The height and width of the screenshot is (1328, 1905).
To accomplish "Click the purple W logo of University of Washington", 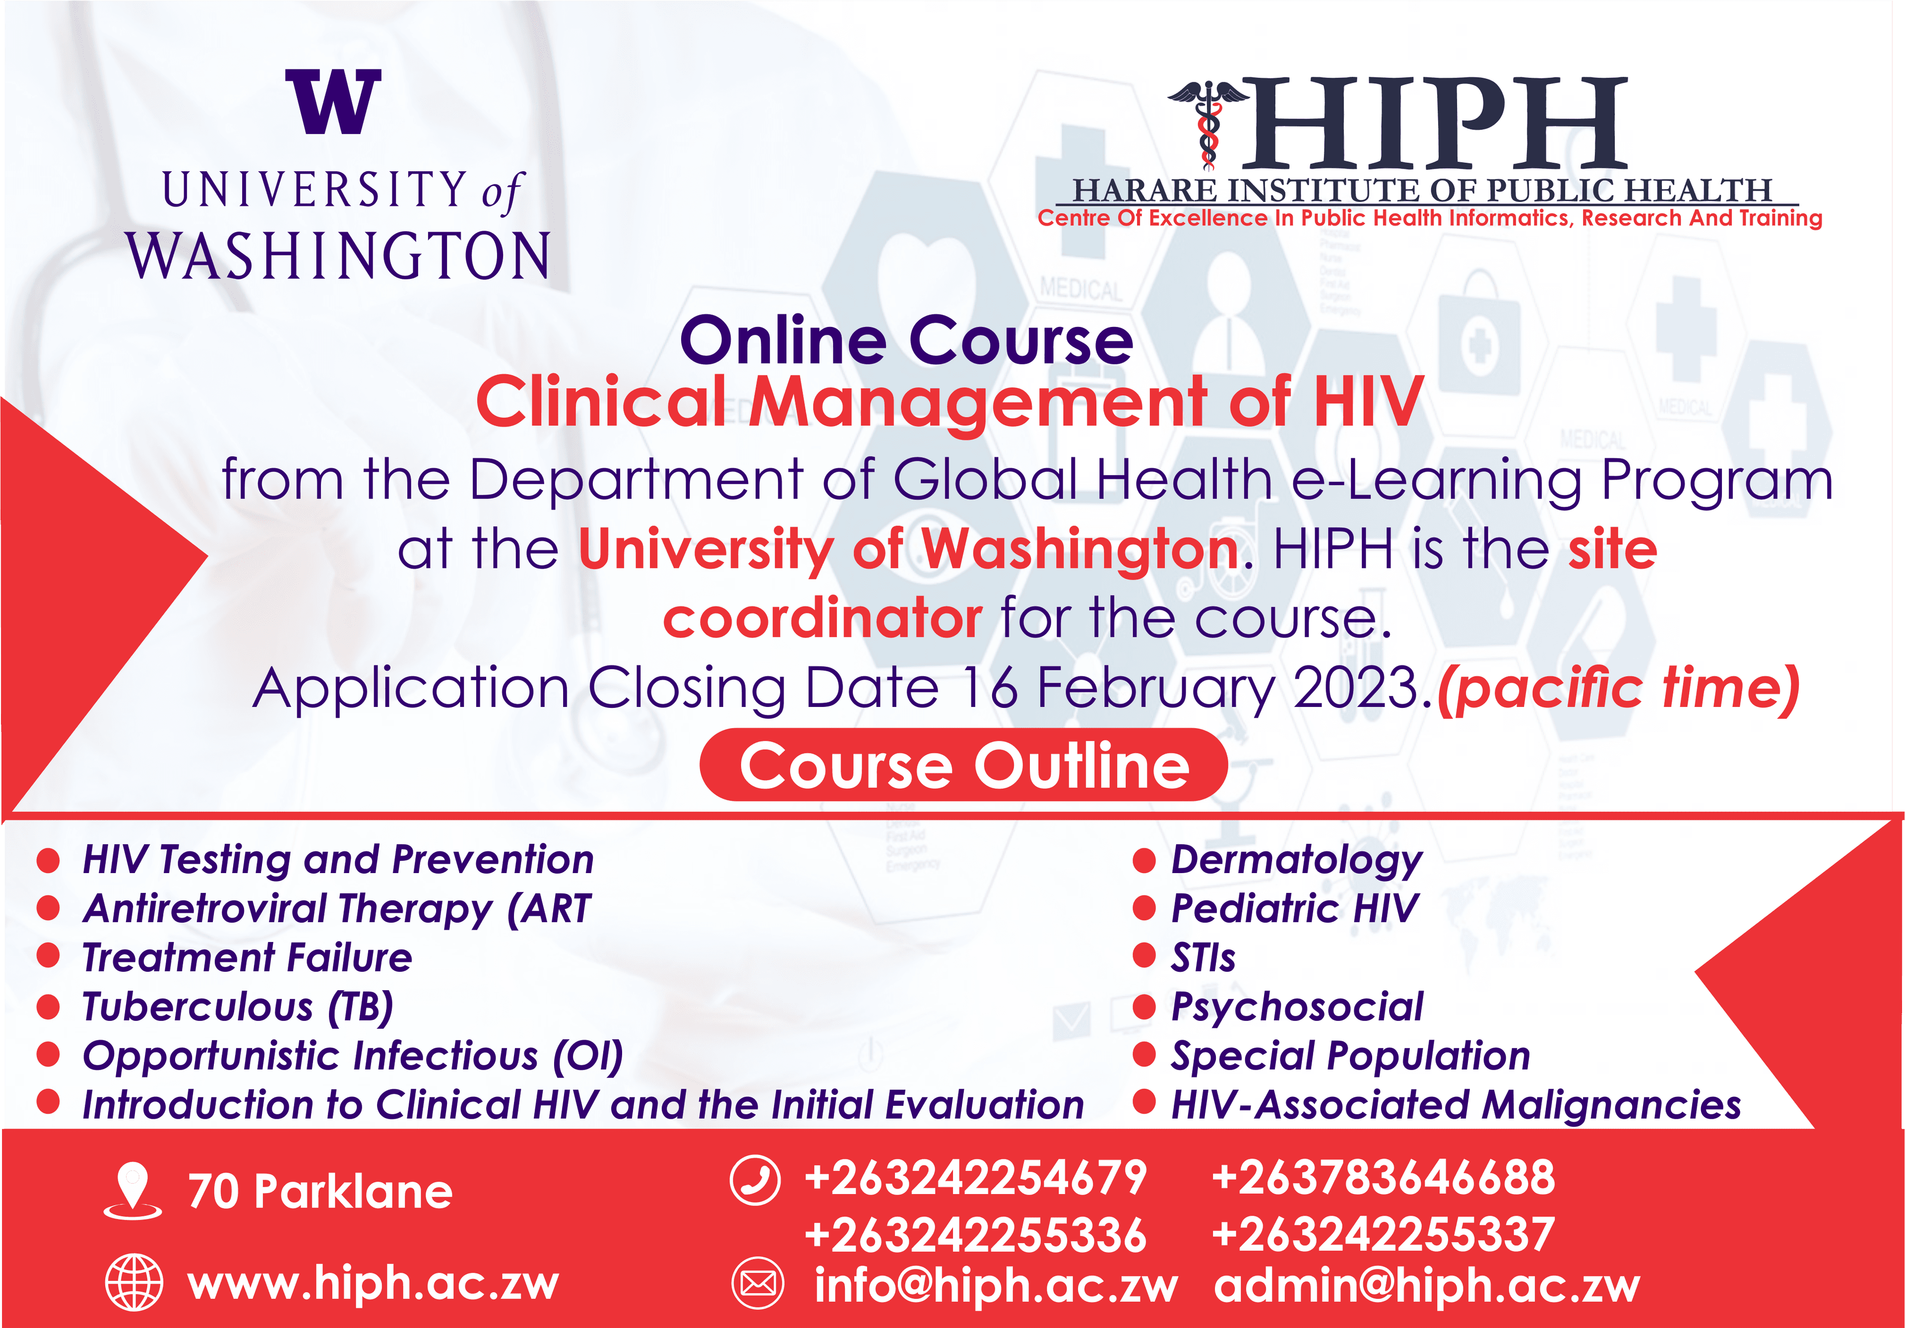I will [333, 102].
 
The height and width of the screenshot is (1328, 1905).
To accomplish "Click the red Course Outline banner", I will [963, 765].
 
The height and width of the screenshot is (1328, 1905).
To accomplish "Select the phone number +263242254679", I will [976, 1178].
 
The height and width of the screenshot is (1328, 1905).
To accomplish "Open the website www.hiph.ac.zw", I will [374, 1283].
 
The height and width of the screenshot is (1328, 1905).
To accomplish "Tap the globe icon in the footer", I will [133, 1282].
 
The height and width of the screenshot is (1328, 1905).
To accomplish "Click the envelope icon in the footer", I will [757, 1283].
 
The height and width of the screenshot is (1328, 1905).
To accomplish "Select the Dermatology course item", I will [1296, 860].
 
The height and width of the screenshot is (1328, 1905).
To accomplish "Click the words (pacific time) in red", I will [1618, 689].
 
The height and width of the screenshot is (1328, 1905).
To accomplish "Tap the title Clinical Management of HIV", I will [950, 401].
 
